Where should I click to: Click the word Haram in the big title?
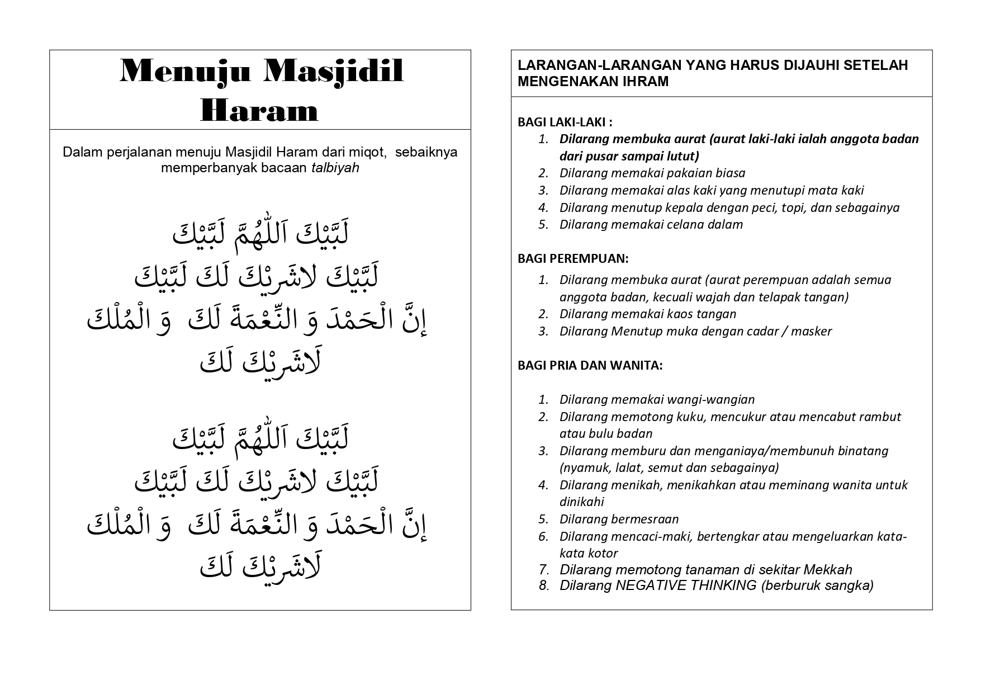point(259,110)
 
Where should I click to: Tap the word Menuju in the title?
point(185,71)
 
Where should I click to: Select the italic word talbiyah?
point(335,168)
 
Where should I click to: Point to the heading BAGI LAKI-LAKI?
point(565,122)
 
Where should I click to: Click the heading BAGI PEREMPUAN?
point(573,258)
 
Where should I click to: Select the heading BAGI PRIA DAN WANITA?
point(590,365)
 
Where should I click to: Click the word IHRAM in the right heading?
point(646,82)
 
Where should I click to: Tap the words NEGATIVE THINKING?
point(686,586)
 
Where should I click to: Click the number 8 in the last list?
point(544,586)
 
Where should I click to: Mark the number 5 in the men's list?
point(543,224)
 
